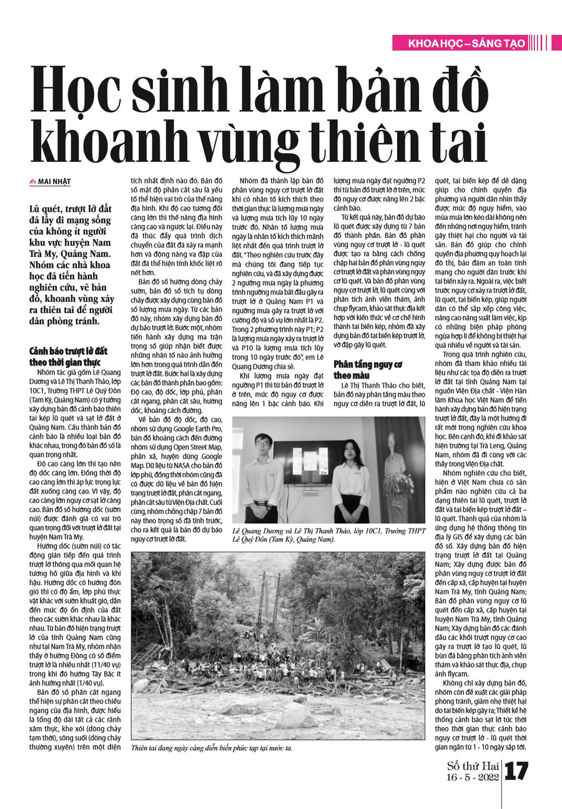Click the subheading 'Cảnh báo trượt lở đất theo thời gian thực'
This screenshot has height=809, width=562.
coord(68,356)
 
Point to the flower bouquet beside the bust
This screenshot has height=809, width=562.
coord(399,494)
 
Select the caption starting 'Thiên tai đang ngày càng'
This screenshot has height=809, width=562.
coord(212,748)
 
